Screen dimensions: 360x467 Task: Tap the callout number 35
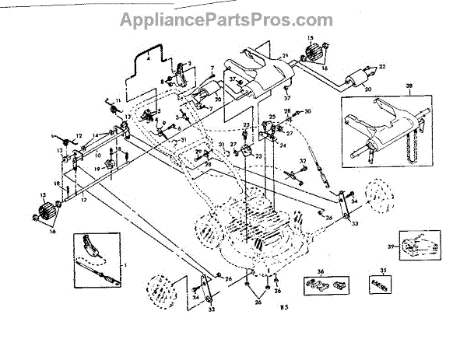pos(381,272)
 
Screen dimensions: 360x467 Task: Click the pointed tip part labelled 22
pos(373,68)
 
